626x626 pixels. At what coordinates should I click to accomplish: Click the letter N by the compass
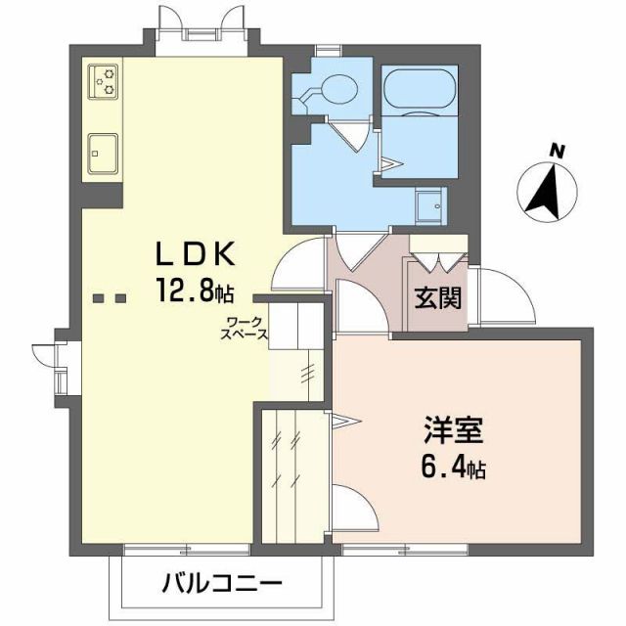tap(557, 152)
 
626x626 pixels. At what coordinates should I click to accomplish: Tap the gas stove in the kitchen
tap(103, 80)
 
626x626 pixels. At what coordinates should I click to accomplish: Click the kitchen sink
tap(103, 154)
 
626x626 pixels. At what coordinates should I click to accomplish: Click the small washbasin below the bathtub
tap(427, 203)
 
